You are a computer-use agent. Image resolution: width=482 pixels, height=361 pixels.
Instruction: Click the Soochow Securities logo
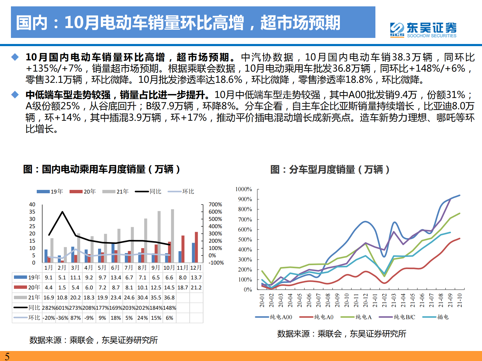click(423, 30)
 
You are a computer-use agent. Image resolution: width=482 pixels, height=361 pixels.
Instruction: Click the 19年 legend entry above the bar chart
click(50, 191)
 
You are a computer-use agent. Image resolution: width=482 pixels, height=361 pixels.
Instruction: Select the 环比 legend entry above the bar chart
click(181, 191)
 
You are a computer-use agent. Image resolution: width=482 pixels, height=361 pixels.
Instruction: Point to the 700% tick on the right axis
click(215, 204)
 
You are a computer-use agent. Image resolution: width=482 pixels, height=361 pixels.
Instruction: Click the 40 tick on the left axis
click(32, 204)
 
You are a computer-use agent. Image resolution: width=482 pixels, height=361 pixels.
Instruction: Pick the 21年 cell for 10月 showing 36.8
click(169, 298)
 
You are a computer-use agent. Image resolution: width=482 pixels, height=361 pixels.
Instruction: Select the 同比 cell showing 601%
click(62, 308)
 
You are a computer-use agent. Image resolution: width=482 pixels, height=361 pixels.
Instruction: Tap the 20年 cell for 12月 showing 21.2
click(196, 288)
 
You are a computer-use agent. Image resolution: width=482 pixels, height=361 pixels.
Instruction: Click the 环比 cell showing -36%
click(62, 318)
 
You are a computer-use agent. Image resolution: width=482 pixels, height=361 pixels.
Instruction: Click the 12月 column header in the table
click(196, 268)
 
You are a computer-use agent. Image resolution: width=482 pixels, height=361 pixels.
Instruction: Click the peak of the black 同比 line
click(63, 212)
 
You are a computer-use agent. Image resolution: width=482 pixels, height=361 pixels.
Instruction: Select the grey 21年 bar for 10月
click(173, 236)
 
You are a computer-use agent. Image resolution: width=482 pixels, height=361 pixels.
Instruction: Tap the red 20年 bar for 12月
click(197, 247)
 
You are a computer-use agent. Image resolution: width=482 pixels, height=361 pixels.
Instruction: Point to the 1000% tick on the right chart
click(244, 189)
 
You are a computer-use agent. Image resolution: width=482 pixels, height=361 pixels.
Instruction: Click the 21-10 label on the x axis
click(460, 300)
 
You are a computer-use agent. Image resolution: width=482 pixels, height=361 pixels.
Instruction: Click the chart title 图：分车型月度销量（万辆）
click(330, 169)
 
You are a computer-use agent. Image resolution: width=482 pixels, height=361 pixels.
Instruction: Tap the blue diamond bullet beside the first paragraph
click(15, 57)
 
